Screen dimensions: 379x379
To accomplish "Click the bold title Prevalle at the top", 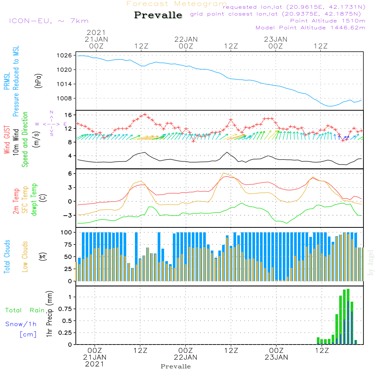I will [158, 15].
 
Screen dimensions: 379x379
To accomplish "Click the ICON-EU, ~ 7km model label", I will [49, 21].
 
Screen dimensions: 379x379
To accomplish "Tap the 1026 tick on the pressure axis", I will [64, 55].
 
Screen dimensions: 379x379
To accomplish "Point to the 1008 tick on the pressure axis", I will [64, 98].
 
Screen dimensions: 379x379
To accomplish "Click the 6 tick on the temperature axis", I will [70, 174].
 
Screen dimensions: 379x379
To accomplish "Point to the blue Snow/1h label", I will [21, 324].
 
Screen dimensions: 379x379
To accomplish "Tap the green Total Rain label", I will [25, 310].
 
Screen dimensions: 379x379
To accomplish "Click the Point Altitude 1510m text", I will [327, 21].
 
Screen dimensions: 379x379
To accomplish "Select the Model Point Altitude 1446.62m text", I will [310, 28].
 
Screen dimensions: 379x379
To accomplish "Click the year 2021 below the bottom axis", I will [94, 364].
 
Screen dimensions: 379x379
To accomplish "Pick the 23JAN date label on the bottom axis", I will [276, 357].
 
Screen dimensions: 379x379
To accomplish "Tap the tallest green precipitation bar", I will [348, 316].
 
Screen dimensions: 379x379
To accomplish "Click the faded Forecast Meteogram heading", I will [177, 4].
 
